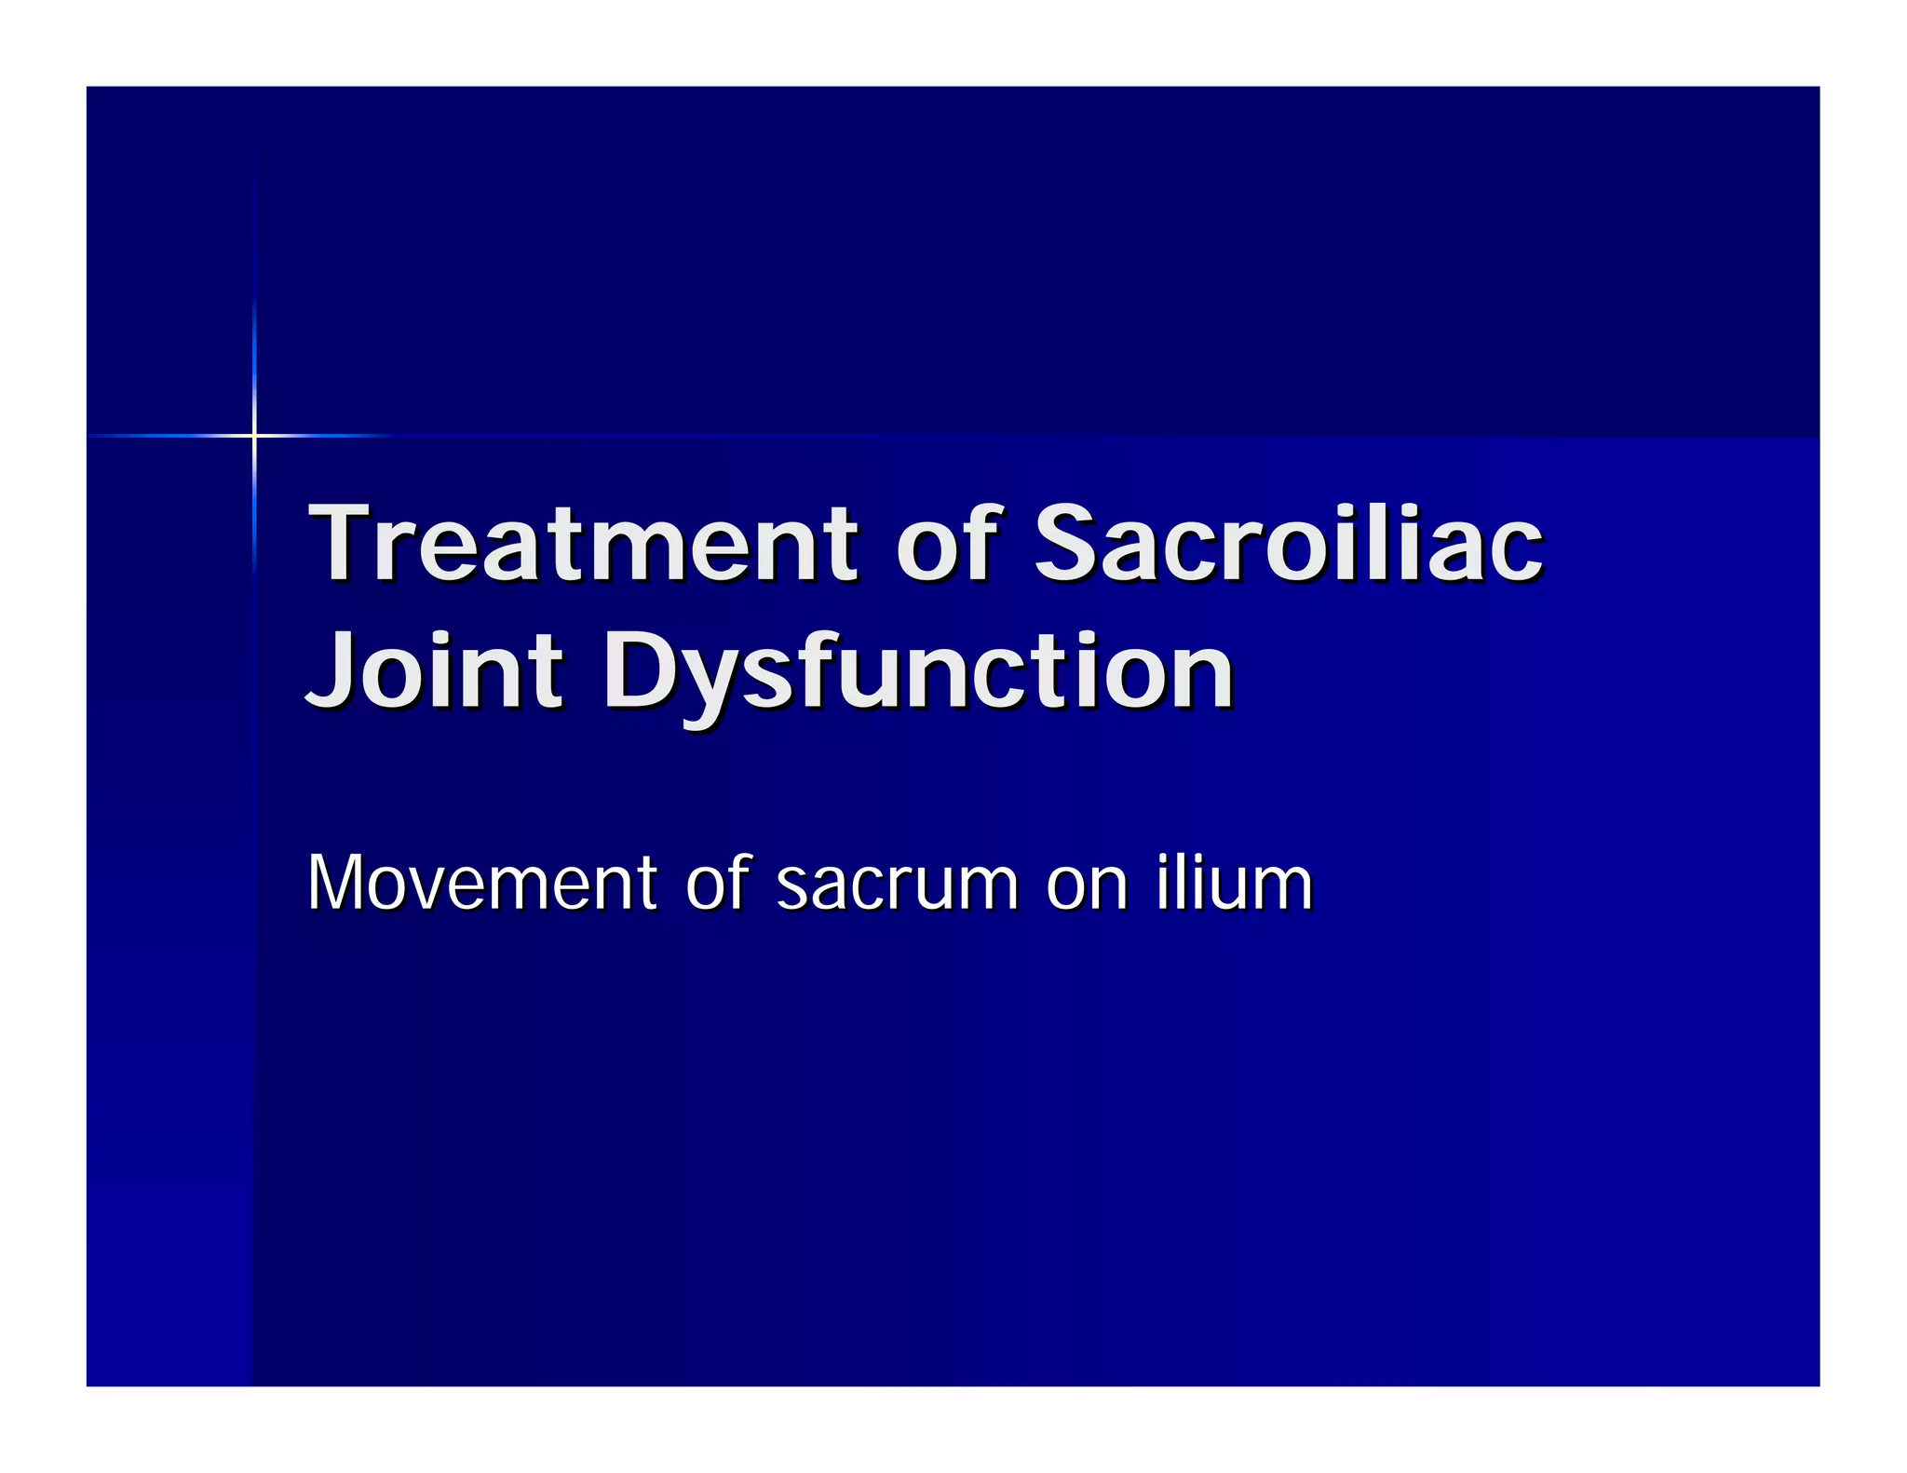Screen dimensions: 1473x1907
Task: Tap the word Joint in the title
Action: point(435,671)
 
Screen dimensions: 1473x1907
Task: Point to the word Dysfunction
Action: point(918,671)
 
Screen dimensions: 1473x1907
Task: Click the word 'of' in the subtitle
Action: point(717,882)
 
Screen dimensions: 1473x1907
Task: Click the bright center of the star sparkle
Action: point(253,435)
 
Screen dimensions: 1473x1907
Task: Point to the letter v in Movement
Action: point(435,886)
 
